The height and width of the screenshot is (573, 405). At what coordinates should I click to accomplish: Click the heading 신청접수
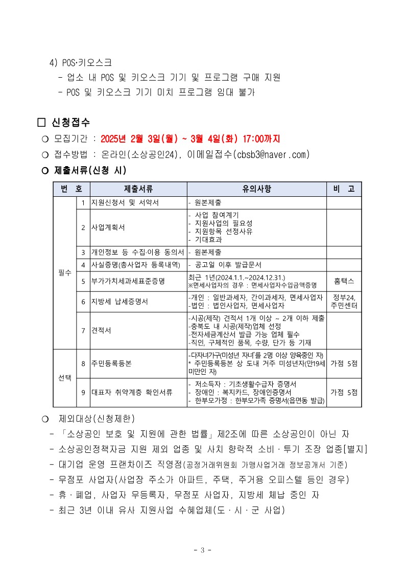[70, 123]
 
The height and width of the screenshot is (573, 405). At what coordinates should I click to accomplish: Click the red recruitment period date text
[190, 139]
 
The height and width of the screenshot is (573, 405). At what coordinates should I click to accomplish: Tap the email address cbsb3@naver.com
[272, 154]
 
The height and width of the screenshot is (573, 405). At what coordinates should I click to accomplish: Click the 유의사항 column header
[257, 189]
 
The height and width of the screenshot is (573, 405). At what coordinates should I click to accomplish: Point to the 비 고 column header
[344, 189]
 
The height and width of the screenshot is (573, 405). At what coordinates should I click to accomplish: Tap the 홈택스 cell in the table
[344, 281]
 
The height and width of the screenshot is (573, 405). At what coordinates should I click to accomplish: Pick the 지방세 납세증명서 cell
[119, 302]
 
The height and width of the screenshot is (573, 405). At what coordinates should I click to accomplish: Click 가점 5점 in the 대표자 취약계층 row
[344, 393]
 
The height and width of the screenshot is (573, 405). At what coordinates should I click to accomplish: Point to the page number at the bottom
[202, 550]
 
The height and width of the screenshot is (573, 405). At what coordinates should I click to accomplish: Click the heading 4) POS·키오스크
[80, 62]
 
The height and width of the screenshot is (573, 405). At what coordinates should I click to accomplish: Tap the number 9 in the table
[83, 393]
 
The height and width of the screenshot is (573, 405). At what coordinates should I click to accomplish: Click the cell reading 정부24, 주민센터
[344, 302]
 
